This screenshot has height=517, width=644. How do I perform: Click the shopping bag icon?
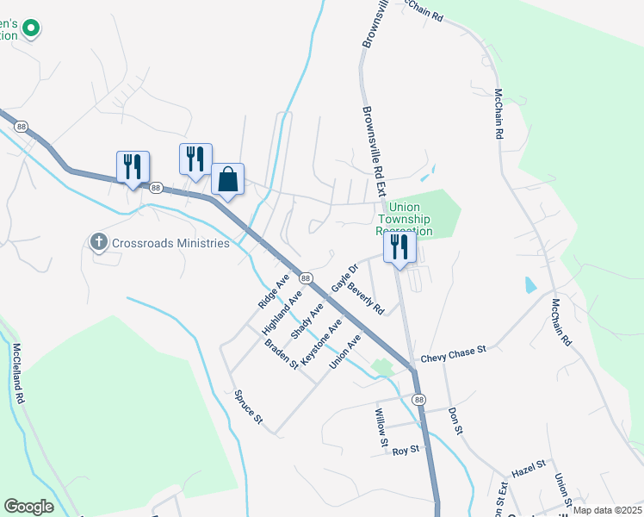[227, 180]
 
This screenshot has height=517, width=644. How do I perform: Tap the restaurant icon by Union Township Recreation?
[399, 246]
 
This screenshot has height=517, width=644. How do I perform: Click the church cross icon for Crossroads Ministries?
[99, 243]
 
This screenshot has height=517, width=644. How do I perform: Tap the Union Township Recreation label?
[405, 220]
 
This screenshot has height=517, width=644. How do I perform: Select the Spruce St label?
[248, 408]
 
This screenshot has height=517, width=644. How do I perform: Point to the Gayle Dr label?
[344, 277]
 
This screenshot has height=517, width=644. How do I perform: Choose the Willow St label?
[380, 427]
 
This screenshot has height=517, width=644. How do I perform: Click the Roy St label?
[405, 451]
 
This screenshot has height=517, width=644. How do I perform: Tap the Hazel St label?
[529, 467]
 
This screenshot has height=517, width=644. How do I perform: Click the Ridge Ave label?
[274, 294]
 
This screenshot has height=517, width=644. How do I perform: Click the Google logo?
[28, 507]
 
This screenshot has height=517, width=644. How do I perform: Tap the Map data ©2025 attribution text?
[606, 510]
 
